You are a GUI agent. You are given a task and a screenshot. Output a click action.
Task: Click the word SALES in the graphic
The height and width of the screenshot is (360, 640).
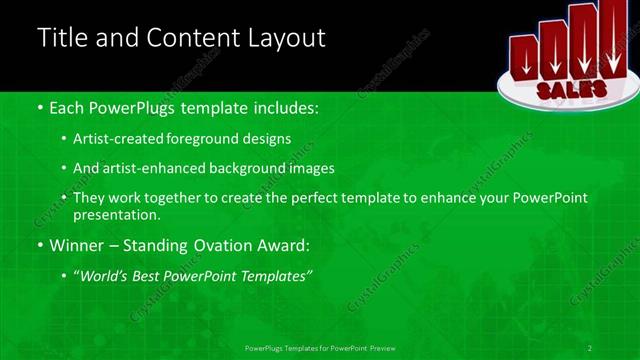571,89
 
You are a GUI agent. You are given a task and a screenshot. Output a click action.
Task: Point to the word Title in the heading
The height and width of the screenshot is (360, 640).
62,38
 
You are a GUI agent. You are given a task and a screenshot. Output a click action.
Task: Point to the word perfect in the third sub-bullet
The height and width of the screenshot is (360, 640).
327,198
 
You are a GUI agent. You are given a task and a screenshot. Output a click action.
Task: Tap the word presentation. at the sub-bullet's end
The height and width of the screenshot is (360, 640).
116,214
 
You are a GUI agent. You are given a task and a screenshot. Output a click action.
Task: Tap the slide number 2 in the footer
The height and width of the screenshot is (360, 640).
590,347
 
